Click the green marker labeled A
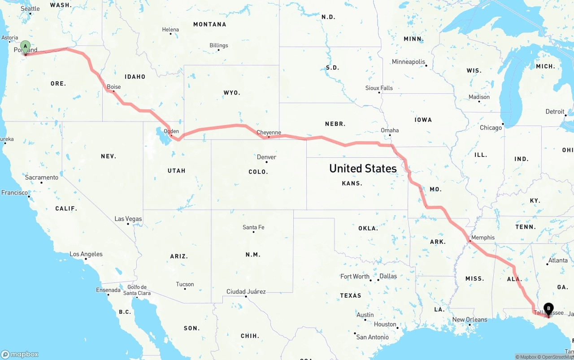[x=26, y=46]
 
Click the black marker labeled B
[x=548, y=309]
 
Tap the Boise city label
[x=114, y=87]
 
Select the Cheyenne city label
[x=269, y=132]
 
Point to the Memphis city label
[x=483, y=238]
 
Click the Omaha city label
[x=390, y=130]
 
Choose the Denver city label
[x=266, y=157]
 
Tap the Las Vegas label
[x=128, y=219]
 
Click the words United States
[x=363, y=169]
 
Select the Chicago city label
[x=491, y=128]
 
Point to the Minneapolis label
[x=408, y=62]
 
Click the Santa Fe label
[x=253, y=227]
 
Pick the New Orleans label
[x=470, y=320]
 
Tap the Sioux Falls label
[x=379, y=88]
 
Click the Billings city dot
[x=218, y=50]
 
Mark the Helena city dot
[x=170, y=35]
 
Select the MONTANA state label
[x=209, y=24]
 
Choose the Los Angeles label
[x=86, y=254]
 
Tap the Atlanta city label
[x=558, y=260]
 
